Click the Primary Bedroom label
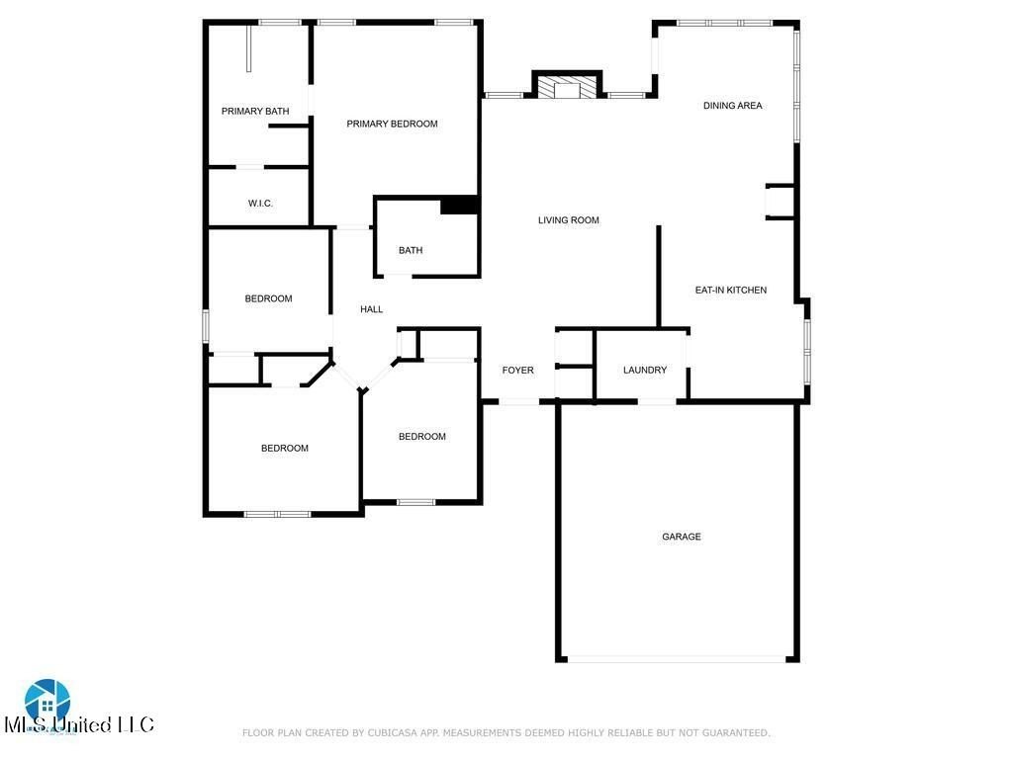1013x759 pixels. (x=392, y=124)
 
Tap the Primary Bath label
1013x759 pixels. (x=255, y=111)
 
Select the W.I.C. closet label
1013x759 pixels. (x=260, y=204)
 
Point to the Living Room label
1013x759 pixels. (x=569, y=220)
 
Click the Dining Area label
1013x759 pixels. (x=733, y=106)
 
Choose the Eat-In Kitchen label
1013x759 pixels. (x=731, y=291)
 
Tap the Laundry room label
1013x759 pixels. (x=645, y=371)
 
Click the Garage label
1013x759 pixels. (x=682, y=537)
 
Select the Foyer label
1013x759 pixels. (x=517, y=371)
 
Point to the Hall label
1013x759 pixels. (x=372, y=309)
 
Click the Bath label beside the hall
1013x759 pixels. (x=411, y=250)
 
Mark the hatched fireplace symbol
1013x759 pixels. (x=568, y=87)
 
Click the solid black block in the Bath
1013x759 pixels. (x=460, y=205)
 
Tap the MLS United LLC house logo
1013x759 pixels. (x=47, y=700)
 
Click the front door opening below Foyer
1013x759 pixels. (x=518, y=401)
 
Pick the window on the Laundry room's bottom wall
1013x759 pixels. (x=658, y=401)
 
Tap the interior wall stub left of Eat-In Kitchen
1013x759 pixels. (x=658, y=277)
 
